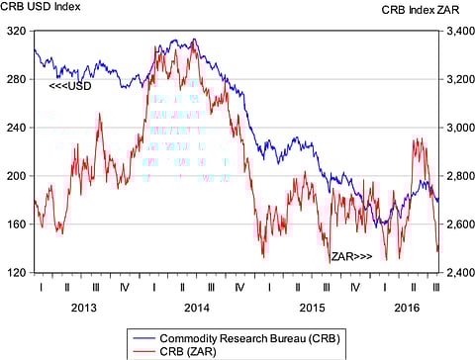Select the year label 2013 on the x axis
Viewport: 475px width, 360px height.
click(82, 308)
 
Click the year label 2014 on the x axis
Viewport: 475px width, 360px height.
click(197, 308)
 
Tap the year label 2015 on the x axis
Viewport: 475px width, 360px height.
click(312, 308)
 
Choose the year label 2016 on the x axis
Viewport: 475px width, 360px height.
click(406, 308)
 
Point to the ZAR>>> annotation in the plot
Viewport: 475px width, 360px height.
click(351, 256)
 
